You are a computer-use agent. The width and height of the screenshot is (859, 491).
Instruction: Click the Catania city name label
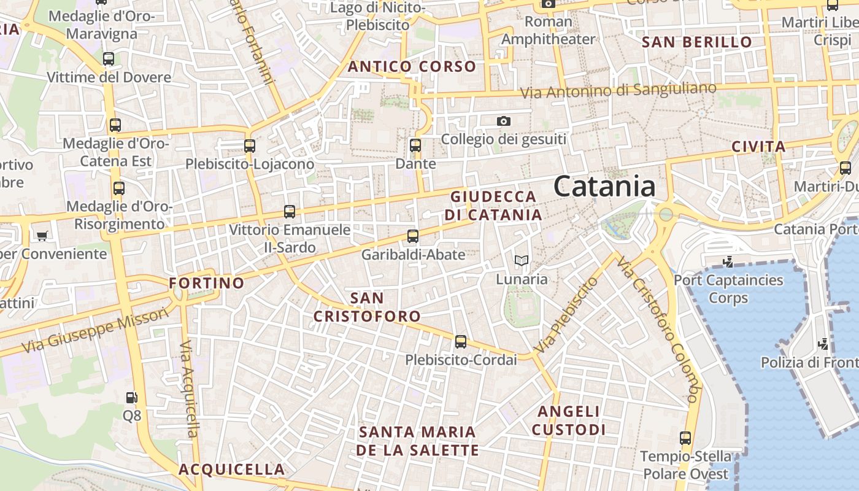[604, 187]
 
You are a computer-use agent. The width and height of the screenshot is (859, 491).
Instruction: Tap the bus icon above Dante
[415, 145]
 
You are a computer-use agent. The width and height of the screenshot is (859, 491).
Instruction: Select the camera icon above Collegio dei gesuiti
[504, 121]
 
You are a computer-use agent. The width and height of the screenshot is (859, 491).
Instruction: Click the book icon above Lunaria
[522, 261]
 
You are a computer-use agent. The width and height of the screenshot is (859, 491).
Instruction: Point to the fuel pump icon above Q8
[131, 398]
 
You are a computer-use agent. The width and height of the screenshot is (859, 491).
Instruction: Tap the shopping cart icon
[42, 236]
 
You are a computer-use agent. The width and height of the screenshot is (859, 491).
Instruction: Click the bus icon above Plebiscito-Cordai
[461, 342]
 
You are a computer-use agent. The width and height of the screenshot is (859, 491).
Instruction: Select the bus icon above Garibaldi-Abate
[413, 236]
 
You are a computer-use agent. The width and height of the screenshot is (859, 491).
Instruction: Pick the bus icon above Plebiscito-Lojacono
[249, 146]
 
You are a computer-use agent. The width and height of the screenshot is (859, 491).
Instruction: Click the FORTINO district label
[207, 283]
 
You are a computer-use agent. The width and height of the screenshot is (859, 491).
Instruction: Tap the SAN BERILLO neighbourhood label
[696, 42]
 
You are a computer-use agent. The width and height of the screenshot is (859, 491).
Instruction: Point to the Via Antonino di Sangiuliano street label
[618, 91]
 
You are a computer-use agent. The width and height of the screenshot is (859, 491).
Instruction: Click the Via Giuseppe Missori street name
[95, 330]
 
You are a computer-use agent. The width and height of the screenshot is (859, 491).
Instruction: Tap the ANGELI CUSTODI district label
[568, 420]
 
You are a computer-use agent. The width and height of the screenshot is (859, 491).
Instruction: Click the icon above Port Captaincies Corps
[728, 262]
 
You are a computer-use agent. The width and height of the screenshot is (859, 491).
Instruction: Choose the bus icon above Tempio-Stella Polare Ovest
[685, 439]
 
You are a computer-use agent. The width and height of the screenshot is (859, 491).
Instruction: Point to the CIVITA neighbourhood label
[758, 147]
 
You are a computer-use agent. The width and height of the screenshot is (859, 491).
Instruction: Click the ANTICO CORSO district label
[412, 67]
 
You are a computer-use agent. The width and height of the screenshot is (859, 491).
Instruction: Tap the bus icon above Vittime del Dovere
[109, 59]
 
